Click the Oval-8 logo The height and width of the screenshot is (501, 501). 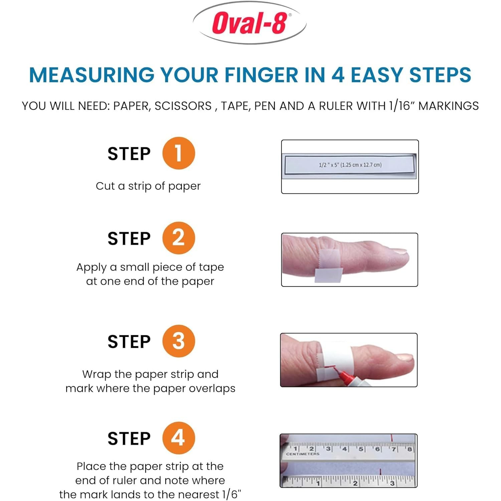click(249, 23)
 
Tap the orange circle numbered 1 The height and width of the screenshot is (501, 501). click(178, 153)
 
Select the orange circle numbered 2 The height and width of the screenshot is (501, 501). click(178, 238)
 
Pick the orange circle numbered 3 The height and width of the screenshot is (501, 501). click(178, 341)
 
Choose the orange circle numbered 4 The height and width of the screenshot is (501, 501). click(178, 438)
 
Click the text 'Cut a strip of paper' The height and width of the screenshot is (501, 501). click(148, 186)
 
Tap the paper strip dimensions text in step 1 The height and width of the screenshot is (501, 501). click(350, 165)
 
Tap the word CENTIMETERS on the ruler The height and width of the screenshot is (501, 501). click(303, 454)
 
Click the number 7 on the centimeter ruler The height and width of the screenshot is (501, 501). click(394, 449)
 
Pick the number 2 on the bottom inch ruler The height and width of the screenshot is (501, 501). click(355, 483)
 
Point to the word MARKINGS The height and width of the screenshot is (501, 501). click(449, 106)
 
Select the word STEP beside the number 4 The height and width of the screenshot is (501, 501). click(129, 439)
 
